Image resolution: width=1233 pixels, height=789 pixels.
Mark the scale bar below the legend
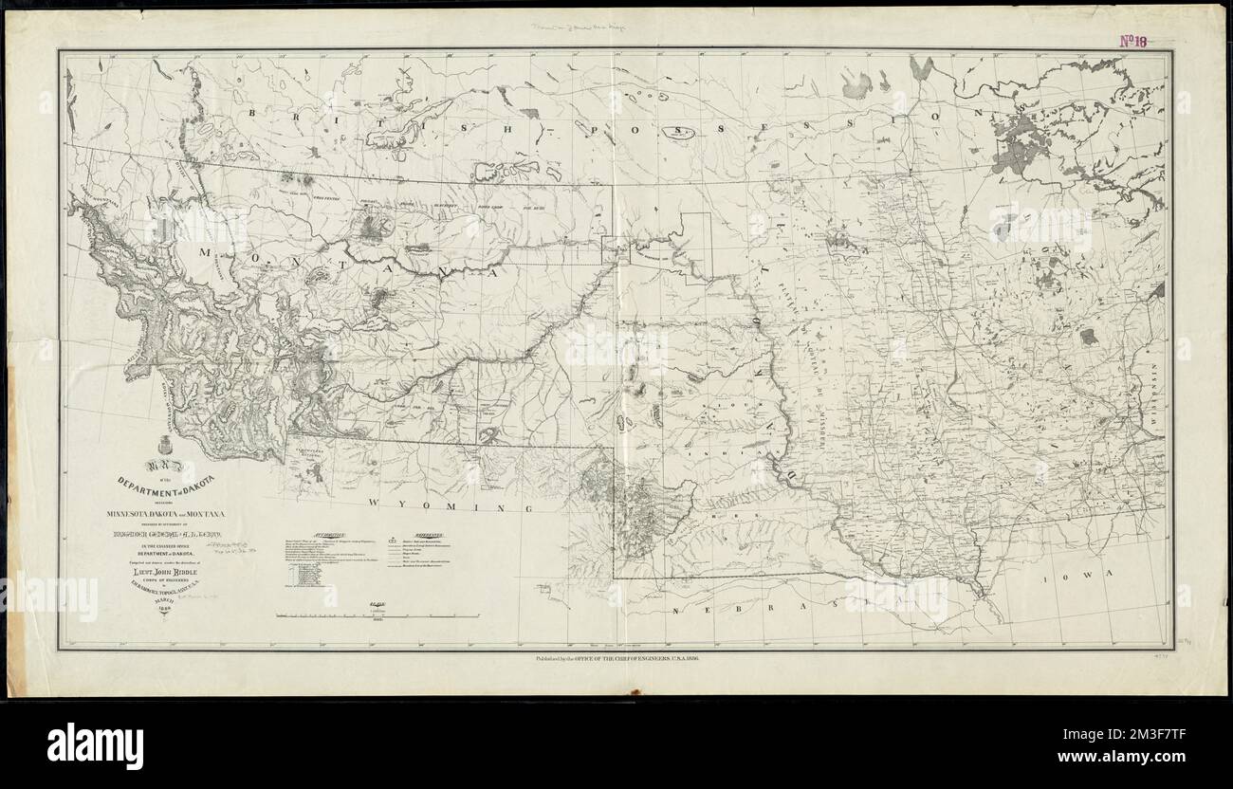click(377, 615)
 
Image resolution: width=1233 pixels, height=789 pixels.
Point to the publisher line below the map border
click(616, 656)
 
